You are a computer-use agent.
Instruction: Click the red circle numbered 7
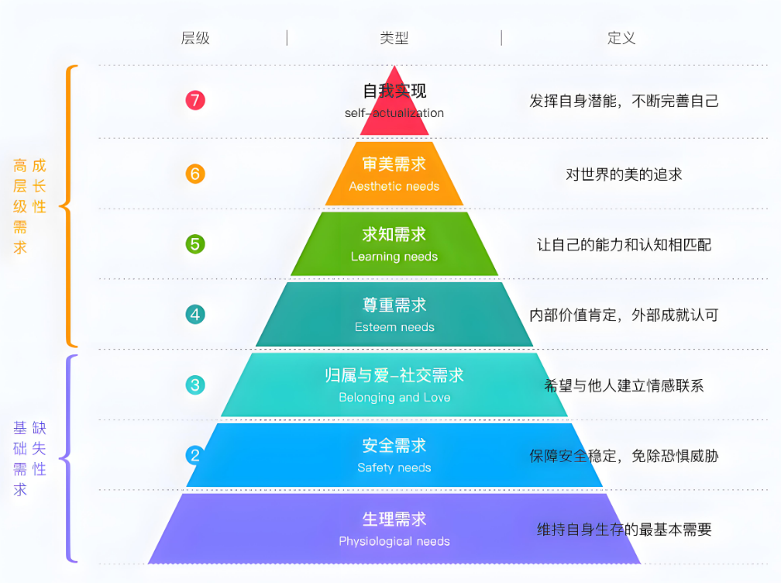195,100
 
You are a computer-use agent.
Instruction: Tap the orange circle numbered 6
195,174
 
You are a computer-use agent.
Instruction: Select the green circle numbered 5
195,244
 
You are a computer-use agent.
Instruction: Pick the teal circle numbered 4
195,315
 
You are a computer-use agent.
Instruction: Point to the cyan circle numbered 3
195,385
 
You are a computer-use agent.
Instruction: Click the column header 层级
195,38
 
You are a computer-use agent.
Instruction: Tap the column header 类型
394,38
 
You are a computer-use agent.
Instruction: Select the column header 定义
621,38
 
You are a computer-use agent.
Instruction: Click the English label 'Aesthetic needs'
394,186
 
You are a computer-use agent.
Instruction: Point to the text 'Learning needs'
394,257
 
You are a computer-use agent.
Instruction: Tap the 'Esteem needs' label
394,327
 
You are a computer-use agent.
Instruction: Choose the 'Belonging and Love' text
394,398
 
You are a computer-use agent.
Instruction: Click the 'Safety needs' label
394,468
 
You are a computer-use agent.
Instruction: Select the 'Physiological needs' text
394,542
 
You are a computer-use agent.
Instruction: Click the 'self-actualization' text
394,113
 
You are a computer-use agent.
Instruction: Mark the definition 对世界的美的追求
624,174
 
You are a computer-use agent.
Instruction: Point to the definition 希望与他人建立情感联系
624,385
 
